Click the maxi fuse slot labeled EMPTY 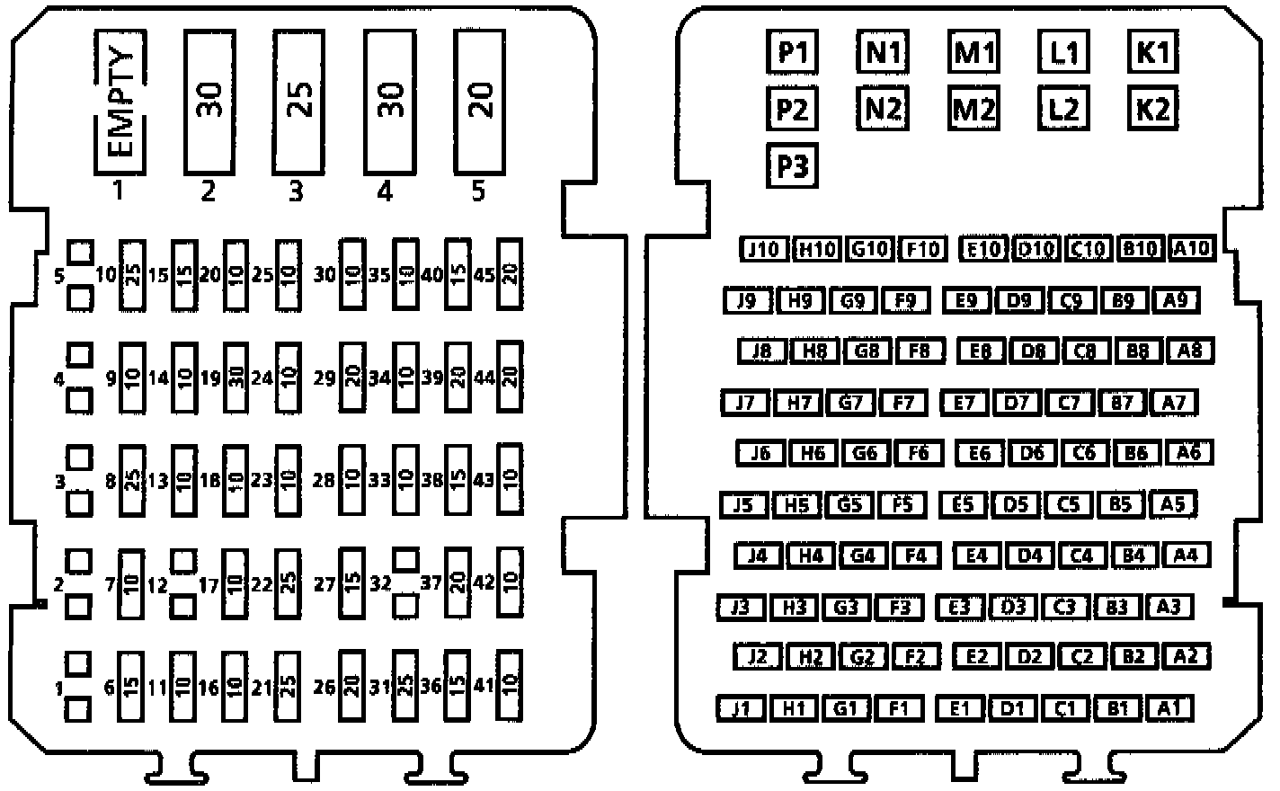tap(120, 102)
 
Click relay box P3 tap(792, 166)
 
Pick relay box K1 tap(1152, 53)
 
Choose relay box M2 tap(973, 110)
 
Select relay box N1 tap(883, 53)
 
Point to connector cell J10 tap(763, 249)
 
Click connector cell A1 tap(1169, 708)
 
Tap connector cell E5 tap(963, 504)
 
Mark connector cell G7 tap(850, 403)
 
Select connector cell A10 tap(1193, 249)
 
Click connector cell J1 tap(741, 708)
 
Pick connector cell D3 tap(1013, 607)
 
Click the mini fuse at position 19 tap(236, 378)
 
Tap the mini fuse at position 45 tap(510, 274)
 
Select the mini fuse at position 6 tap(131, 688)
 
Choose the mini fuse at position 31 tap(405, 688)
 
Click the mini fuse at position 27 tap(352, 583)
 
